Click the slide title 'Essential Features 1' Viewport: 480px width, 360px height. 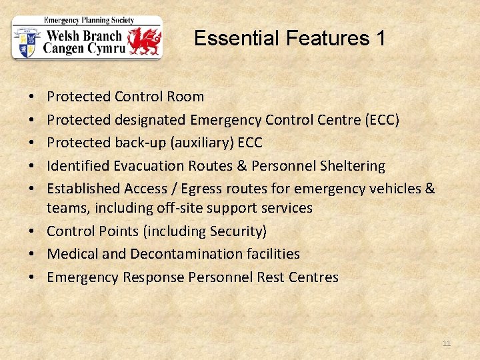[x=289, y=39]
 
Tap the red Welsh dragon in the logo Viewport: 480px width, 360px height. [x=145, y=41]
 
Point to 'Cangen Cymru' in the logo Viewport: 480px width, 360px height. [x=83, y=48]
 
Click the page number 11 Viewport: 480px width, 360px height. [x=447, y=343]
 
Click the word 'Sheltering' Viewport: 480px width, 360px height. [x=351, y=165]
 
